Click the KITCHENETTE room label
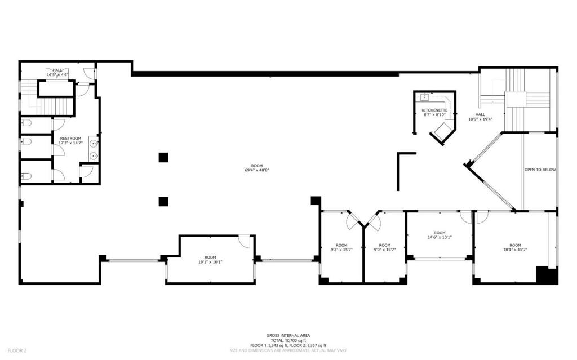(x=434, y=110)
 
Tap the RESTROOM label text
(x=70, y=138)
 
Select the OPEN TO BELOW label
(x=540, y=169)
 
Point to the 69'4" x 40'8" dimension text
(x=256, y=170)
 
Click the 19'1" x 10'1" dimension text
(x=210, y=261)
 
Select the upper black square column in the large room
(x=163, y=157)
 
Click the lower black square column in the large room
(x=163, y=200)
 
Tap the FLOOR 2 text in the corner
(x=17, y=351)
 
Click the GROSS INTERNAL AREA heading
(x=288, y=335)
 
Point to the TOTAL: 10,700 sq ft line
(x=288, y=340)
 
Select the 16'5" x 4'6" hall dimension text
(x=57, y=74)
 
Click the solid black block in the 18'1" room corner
(x=546, y=275)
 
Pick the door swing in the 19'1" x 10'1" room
(x=245, y=241)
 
